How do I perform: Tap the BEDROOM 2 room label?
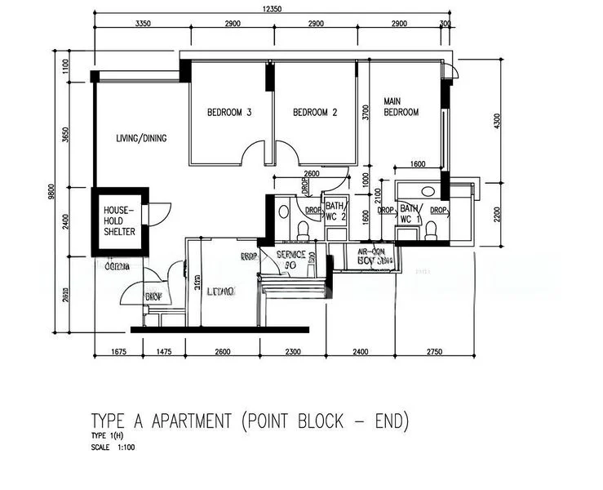tap(315, 113)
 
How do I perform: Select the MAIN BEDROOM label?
tap(401, 107)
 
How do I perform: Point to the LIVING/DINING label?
tap(141, 139)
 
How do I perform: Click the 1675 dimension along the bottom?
tap(121, 352)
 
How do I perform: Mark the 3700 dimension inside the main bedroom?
tap(366, 113)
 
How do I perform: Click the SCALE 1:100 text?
tap(113, 447)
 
